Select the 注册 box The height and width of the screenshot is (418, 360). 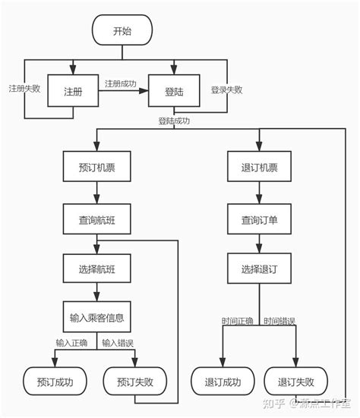72,90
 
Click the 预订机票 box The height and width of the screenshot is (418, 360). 96,167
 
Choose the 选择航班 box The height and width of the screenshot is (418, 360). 96,267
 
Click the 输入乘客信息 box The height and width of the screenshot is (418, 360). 96,316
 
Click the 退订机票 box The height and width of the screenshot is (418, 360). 260,167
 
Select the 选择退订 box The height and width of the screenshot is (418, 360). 260,267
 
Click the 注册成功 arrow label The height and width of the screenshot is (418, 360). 120,83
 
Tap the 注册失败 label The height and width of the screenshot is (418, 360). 24,88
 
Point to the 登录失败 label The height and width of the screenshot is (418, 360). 226,90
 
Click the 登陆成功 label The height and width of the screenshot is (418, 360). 173,121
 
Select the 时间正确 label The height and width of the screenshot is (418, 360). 237,322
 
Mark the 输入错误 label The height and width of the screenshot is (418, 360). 118,343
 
